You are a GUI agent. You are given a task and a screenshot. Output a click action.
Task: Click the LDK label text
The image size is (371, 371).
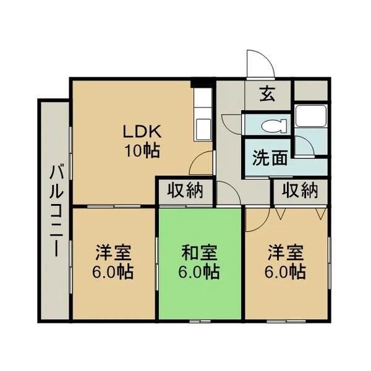[142, 131]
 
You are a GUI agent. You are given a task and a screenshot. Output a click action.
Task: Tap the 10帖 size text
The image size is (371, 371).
[142, 151]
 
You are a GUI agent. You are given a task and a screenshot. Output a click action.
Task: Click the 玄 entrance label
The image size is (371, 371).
[268, 93]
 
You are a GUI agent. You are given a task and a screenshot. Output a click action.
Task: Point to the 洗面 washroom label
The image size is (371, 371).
[270, 157]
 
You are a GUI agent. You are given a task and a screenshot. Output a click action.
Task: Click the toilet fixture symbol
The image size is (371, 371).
[275, 126]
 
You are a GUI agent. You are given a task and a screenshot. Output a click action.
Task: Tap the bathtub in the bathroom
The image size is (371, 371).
[311, 116]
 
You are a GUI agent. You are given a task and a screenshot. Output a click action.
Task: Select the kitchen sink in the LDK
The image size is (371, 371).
[203, 129]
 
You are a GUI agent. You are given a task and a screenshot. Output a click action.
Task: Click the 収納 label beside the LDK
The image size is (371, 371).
[185, 190]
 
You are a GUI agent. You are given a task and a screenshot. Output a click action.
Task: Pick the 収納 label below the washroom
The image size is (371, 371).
[300, 190]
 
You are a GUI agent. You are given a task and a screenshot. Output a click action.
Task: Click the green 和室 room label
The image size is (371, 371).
[200, 252]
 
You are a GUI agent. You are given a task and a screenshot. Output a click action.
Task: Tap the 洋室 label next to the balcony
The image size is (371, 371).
[113, 252]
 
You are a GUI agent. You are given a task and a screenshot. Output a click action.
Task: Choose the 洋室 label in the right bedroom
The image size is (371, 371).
[286, 252]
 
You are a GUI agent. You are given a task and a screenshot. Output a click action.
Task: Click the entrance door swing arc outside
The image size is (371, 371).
[268, 58]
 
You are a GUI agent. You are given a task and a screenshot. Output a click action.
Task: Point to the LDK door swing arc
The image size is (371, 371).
[195, 157]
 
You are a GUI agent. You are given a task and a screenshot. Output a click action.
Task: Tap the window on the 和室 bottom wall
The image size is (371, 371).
[200, 321]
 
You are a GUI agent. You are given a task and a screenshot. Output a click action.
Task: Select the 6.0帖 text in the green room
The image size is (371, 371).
[199, 271]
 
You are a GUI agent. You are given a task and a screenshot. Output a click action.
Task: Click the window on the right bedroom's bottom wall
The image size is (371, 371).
[286, 321]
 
